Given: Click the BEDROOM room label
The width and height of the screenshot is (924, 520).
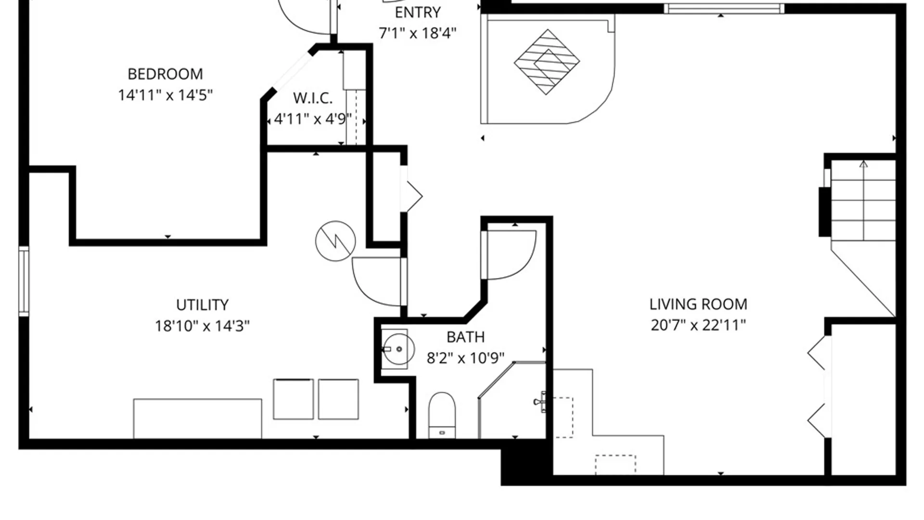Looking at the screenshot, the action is (165, 74).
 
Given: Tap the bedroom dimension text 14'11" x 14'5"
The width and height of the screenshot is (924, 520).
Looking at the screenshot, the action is (165, 95).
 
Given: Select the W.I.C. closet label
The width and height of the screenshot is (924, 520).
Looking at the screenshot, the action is (313, 98).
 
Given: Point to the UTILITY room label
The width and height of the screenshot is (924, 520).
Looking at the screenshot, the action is (202, 305).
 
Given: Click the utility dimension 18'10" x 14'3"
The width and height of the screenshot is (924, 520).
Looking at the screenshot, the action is (202, 326).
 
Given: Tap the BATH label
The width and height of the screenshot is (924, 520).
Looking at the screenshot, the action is (465, 337).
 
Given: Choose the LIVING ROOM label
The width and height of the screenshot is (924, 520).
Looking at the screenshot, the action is (698, 304).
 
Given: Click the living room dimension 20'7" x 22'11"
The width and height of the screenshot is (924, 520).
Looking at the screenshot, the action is (698, 325).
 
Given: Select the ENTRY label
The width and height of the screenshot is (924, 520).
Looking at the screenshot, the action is (418, 13).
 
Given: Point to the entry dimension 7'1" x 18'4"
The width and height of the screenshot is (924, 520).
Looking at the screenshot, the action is (418, 33).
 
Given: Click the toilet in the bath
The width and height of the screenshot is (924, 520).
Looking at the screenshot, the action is (442, 415).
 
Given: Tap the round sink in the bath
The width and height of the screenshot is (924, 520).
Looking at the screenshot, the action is (398, 349).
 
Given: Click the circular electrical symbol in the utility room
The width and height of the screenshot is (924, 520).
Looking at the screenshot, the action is (335, 241).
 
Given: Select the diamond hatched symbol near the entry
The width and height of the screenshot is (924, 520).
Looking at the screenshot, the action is (547, 62).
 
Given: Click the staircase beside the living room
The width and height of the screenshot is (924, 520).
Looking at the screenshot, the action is (863, 201).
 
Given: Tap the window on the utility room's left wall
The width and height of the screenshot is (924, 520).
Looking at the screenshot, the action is (24, 281).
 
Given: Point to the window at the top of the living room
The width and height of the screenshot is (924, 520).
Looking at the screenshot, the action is (724, 9).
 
